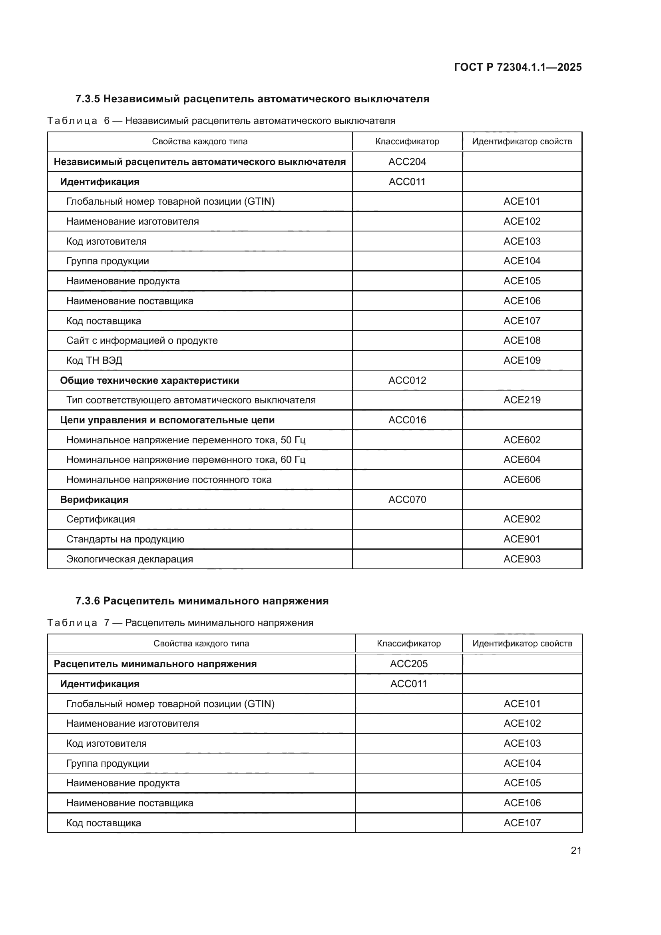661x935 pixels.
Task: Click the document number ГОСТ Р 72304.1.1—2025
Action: click(x=518, y=67)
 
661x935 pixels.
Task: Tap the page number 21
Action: click(x=576, y=850)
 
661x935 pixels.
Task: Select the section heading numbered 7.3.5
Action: click(x=252, y=99)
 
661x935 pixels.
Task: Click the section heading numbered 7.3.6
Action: click(x=202, y=601)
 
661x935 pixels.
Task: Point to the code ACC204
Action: click(x=407, y=161)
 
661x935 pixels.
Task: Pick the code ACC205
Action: click(x=409, y=664)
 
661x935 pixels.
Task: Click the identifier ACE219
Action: click(x=522, y=400)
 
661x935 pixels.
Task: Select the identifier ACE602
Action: click(x=522, y=440)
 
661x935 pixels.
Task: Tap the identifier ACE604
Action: click(x=522, y=459)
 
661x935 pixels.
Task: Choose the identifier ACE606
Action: click(x=522, y=479)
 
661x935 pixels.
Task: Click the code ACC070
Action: click(x=407, y=499)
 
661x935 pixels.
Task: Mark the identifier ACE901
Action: click(x=522, y=539)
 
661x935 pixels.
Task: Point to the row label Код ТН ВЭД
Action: click(x=94, y=361)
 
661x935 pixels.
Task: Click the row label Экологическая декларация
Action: click(x=129, y=559)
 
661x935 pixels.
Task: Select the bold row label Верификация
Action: click(x=94, y=500)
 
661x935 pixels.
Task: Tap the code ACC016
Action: click(x=407, y=420)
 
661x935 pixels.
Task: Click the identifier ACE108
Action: click(x=522, y=341)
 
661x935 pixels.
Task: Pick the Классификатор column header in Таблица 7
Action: click(x=409, y=644)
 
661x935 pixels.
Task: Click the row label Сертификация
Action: click(x=101, y=519)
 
